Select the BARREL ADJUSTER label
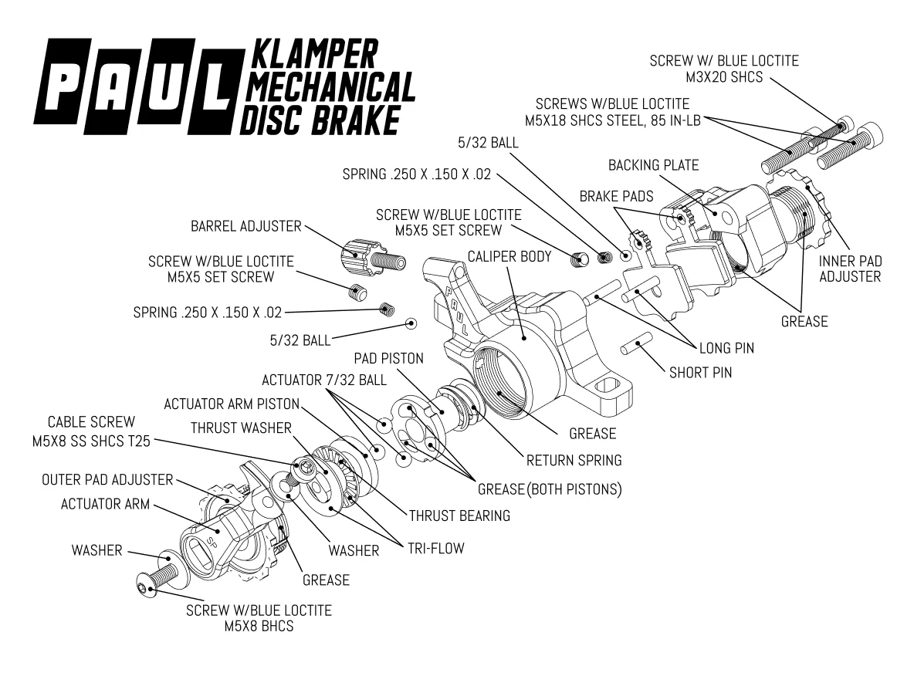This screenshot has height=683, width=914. (x=246, y=226)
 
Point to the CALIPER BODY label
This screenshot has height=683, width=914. (x=509, y=256)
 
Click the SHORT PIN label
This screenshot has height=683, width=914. (x=700, y=373)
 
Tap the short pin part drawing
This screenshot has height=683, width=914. (x=637, y=343)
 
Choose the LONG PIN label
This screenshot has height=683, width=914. (x=726, y=348)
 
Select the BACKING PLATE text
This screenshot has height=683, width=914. (x=653, y=165)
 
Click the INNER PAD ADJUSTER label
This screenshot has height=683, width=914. (x=850, y=269)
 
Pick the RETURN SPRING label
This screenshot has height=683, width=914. (x=574, y=461)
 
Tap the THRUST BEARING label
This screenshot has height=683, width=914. (x=459, y=516)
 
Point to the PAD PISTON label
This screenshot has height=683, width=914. (x=389, y=358)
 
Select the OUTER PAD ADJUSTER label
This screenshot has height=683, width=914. (x=107, y=479)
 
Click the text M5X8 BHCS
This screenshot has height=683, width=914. (x=259, y=627)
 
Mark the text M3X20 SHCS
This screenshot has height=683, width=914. (x=724, y=76)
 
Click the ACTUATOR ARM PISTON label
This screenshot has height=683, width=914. (x=232, y=404)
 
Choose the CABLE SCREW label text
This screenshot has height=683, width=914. (x=91, y=422)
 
